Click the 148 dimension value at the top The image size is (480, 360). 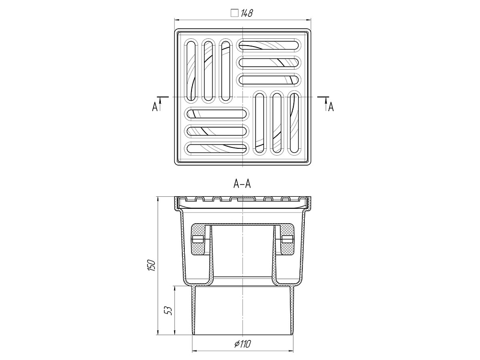(246, 13)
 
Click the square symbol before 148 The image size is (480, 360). (235, 13)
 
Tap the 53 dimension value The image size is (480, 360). (168, 311)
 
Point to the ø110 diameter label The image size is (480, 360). (243, 344)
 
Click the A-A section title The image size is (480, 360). (242, 184)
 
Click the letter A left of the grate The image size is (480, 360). (155, 107)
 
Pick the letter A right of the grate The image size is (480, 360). (331, 107)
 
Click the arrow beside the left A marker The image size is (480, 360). (160, 104)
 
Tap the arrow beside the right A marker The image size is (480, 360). (326, 104)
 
